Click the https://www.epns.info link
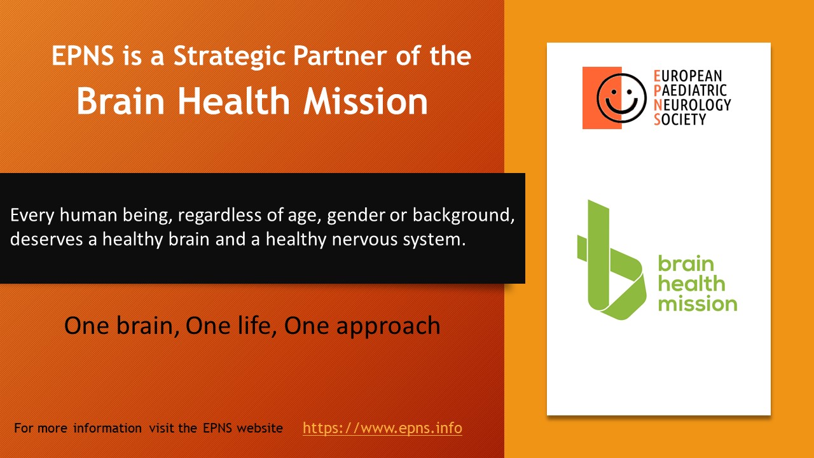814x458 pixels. click(382, 428)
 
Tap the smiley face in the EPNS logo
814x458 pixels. click(621, 98)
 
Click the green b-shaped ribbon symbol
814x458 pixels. click(612, 260)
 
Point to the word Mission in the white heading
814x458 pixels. click(366, 101)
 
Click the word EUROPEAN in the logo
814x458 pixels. click(687, 76)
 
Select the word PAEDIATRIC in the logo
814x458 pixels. click(690, 90)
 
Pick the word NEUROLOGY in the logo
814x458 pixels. click(693, 105)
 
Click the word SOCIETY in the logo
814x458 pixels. click(680, 120)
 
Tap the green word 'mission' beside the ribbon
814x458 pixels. click(698, 304)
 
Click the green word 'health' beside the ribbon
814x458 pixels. click(691, 283)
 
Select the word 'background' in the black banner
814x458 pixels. click(464, 216)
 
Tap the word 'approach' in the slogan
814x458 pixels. click(388, 326)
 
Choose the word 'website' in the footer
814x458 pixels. click(260, 428)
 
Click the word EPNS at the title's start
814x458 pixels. click(83, 56)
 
